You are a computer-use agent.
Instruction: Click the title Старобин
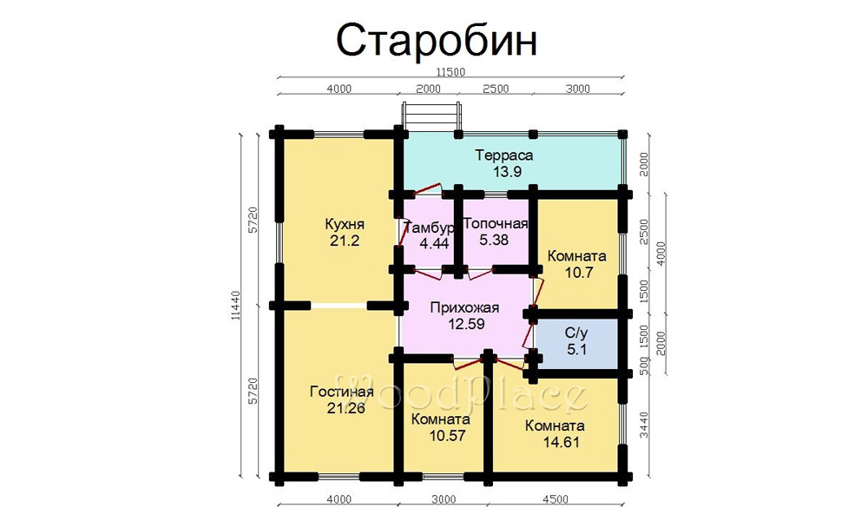437,41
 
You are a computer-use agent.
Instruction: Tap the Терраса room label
504,155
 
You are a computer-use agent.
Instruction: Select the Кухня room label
345,225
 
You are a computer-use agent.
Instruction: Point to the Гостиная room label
341,392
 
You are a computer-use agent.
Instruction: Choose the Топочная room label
496,224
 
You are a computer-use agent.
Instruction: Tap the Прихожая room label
464,308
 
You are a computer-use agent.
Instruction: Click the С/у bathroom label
576,333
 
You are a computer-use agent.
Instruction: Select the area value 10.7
578,273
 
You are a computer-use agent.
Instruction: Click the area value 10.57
447,436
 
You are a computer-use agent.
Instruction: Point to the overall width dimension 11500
450,72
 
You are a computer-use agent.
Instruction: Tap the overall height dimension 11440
236,305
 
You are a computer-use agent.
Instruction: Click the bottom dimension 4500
556,499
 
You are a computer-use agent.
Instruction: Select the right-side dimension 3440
644,425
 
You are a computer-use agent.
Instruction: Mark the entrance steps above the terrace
431,115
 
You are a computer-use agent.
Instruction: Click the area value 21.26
346,409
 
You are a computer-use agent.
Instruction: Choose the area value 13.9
508,172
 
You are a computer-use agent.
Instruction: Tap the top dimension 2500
496,89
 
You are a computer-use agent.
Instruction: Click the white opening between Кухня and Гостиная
339,306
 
